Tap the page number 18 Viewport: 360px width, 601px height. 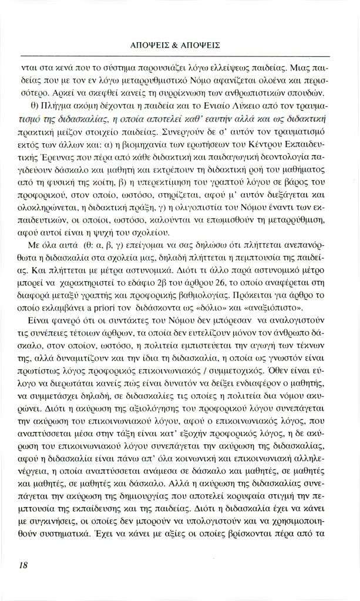click(x=23, y=565)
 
